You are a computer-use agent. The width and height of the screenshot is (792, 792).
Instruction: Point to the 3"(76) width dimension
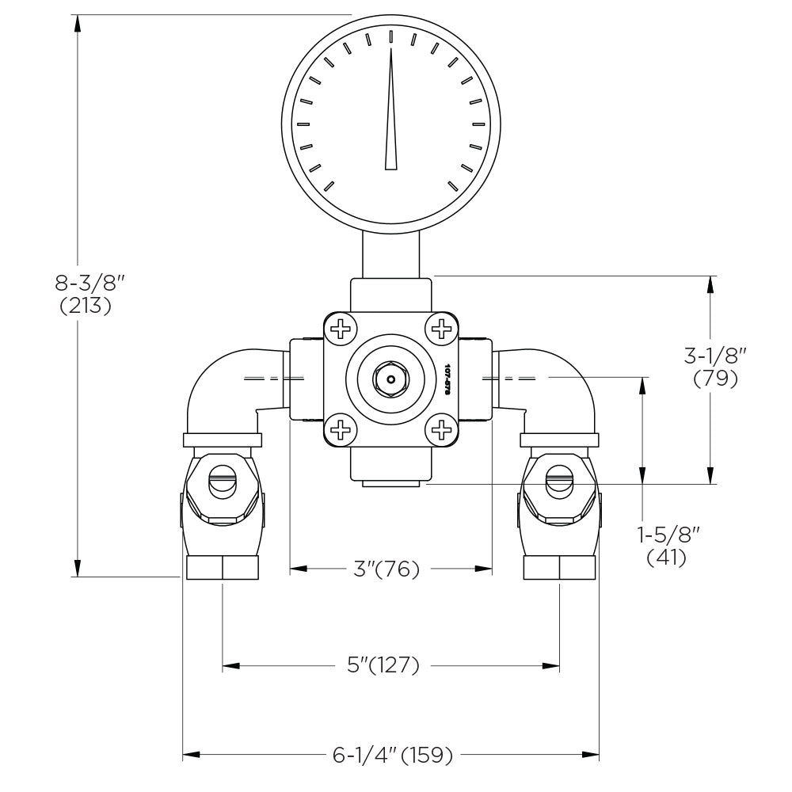click(x=386, y=569)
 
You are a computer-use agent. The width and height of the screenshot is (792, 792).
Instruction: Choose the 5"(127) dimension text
click(x=383, y=665)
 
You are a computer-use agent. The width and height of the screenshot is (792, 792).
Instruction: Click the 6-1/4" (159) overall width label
click(x=392, y=756)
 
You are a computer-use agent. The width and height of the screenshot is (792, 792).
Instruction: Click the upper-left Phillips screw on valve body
click(x=341, y=327)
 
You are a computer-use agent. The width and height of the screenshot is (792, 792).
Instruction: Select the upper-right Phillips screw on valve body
click(x=440, y=327)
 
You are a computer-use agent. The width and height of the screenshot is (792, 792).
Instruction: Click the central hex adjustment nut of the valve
click(x=390, y=379)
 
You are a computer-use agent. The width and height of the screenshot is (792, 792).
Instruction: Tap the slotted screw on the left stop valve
click(x=222, y=480)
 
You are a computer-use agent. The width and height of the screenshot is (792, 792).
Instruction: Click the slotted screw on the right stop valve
click(x=560, y=480)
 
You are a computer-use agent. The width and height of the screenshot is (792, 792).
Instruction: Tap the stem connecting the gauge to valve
click(x=390, y=253)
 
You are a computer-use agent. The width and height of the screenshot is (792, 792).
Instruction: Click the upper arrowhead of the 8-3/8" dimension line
click(x=78, y=24)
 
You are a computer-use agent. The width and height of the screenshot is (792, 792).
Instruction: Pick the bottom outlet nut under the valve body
click(x=390, y=483)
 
